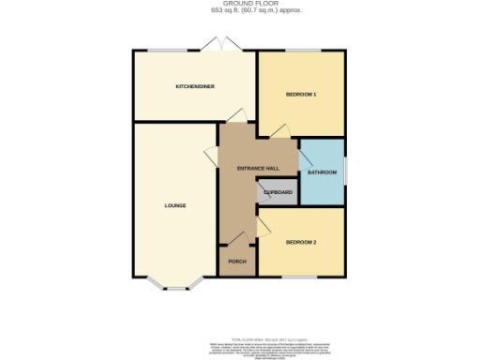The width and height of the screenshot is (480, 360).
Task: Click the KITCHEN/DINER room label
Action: tap(194, 86)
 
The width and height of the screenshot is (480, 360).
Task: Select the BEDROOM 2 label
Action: tap(302, 243)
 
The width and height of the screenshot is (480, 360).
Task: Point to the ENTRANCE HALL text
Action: tap(258, 168)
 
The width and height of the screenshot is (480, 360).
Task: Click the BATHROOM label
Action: tap(322, 173)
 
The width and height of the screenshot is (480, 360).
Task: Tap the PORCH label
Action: tap(237, 262)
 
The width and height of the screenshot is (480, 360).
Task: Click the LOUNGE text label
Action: tap(174, 205)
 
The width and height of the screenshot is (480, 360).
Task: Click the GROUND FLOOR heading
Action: tap(239, 5)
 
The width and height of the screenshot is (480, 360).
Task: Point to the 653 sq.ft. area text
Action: tap(239, 12)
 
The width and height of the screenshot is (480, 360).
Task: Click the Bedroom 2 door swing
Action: tap(266, 226)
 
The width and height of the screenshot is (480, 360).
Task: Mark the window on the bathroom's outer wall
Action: tap(346, 171)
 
